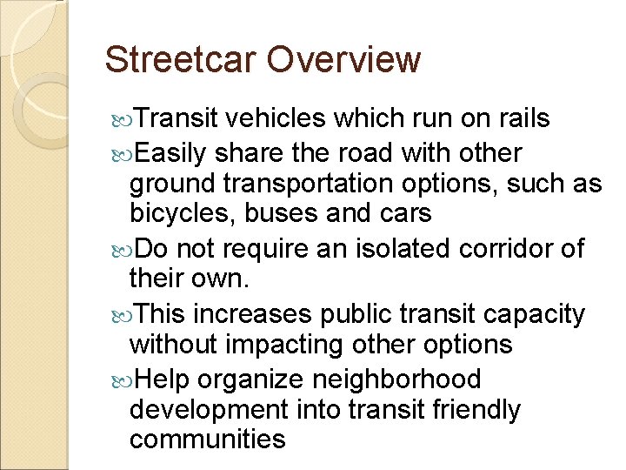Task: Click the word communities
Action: click(207, 439)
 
